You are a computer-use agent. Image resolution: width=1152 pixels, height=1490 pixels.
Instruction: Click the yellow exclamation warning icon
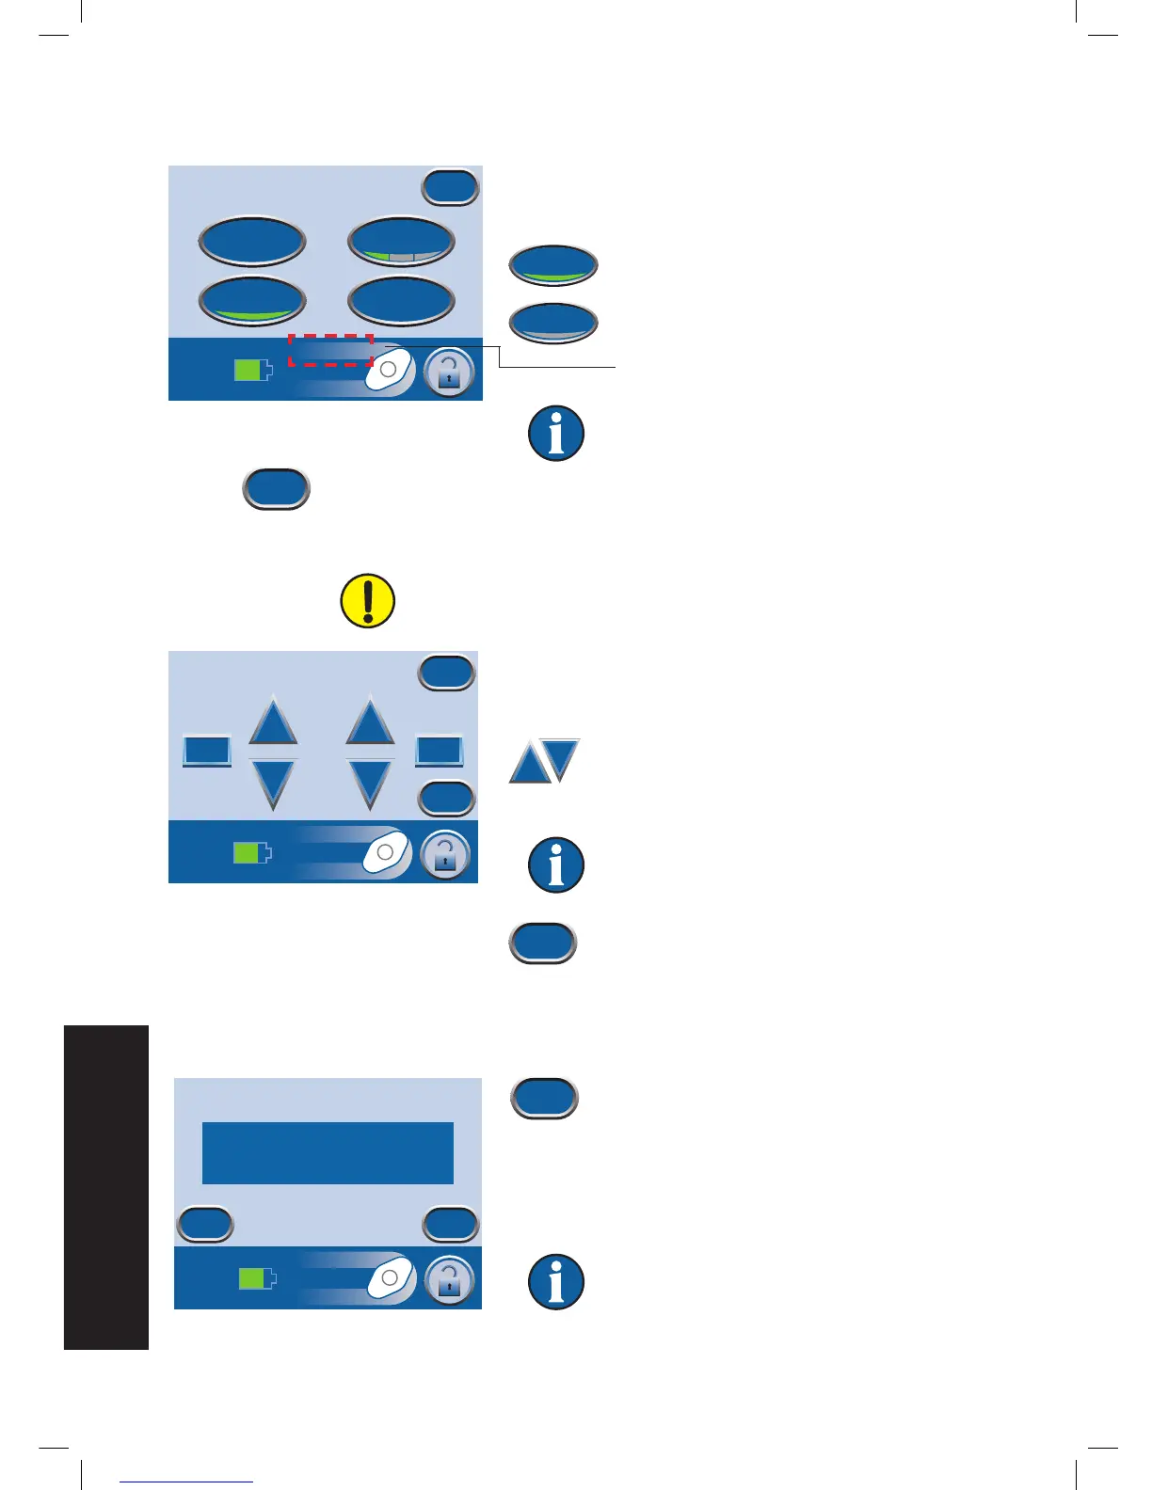tap(367, 601)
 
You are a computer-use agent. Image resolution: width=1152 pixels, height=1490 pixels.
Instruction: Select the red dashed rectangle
tap(330, 350)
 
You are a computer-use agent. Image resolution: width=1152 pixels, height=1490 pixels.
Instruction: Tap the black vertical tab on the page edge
tap(106, 1187)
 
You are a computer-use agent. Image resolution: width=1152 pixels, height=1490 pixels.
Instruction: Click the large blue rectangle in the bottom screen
tap(328, 1152)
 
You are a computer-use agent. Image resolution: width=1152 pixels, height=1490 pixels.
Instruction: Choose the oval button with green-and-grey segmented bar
tap(401, 243)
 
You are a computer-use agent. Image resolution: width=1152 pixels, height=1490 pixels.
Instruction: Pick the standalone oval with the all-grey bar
tap(553, 323)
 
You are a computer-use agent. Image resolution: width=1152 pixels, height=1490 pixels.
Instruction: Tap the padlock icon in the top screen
tap(449, 372)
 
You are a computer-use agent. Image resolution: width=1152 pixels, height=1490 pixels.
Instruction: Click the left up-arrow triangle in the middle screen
tap(273, 723)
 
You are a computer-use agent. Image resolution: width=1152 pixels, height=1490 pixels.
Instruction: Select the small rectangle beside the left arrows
tap(206, 751)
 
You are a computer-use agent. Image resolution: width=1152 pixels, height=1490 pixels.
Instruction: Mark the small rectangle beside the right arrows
tap(440, 751)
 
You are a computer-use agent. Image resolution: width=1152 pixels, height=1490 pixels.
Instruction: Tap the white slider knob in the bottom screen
tap(390, 1278)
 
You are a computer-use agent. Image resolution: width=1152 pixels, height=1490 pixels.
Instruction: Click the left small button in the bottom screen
tap(205, 1224)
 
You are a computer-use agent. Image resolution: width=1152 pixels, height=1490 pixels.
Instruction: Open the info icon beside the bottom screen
tap(556, 1282)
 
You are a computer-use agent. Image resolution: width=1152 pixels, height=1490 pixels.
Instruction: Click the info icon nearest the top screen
tap(556, 434)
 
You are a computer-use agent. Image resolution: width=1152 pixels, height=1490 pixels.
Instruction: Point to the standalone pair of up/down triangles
tap(545, 761)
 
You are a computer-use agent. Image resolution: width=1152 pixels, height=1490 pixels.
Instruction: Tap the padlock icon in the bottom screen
tap(449, 1281)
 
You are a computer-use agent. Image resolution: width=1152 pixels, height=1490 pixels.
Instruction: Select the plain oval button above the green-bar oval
tap(252, 242)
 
